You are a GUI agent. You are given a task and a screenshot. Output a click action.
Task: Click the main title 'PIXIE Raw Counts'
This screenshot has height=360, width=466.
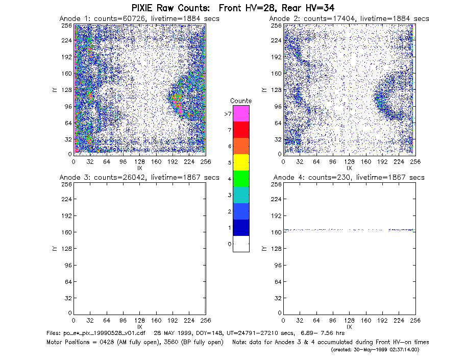click(170, 8)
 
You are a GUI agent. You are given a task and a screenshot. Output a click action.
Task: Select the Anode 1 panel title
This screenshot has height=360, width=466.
click(139, 19)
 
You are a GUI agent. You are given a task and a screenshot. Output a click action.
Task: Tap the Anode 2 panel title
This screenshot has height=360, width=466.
click(349, 19)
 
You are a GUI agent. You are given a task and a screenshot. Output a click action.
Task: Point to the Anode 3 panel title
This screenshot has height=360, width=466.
click(139, 178)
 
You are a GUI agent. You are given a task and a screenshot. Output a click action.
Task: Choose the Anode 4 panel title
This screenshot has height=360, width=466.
click(349, 178)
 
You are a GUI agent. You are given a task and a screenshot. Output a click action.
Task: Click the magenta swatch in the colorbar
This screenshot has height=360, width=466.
click(241, 113)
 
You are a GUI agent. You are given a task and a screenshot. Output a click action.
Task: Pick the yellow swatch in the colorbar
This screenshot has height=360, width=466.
click(241, 162)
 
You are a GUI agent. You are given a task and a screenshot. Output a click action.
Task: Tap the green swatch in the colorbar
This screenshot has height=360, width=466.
click(241, 179)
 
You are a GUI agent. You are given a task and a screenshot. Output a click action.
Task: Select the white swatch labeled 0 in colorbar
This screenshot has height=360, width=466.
click(241, 244)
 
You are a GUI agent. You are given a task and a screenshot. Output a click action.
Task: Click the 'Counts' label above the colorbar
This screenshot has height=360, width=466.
click(241, 101)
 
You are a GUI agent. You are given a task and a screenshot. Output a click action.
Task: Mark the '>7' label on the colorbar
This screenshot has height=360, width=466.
click(228, 114)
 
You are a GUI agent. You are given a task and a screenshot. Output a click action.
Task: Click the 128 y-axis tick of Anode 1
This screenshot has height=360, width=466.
click(67, 90)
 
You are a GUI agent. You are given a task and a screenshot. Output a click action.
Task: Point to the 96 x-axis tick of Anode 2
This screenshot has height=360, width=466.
click(333, 162)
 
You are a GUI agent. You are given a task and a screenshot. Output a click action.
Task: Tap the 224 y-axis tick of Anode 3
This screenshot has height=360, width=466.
click(67, 199)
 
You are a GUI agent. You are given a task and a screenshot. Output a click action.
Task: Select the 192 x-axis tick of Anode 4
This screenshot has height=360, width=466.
click(382, 321)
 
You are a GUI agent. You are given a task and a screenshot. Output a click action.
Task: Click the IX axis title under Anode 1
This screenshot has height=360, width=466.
click(140, 168)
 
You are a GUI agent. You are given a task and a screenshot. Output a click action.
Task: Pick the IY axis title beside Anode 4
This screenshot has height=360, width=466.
click(263, 249)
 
